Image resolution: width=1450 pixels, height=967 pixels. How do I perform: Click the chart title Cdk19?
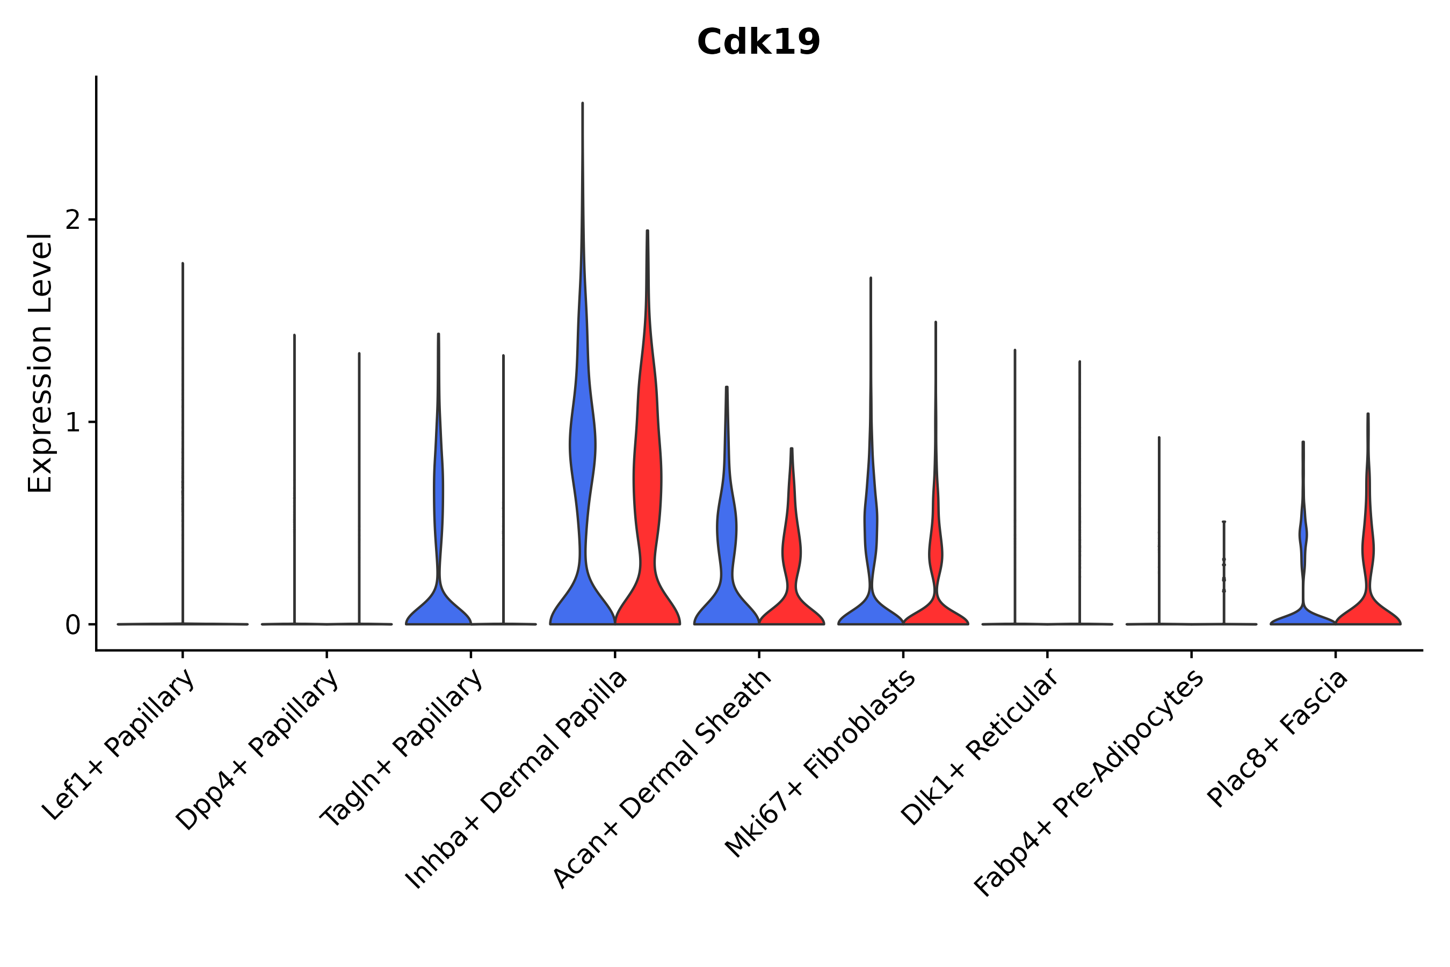(x=758, y=42)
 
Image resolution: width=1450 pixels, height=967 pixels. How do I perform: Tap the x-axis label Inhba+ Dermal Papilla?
(x=517, y=780)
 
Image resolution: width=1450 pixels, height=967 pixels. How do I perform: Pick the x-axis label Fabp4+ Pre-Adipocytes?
(x=1089, y=783)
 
